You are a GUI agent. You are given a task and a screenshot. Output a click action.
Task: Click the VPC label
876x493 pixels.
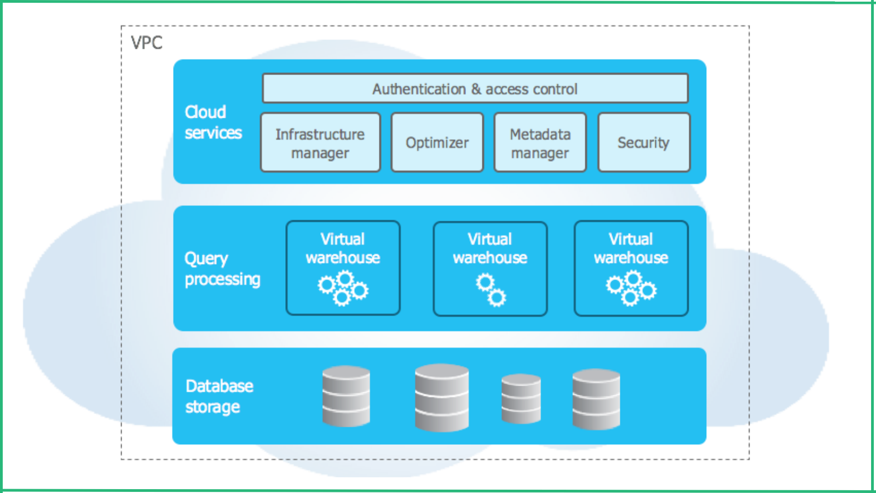[x=147, y=43]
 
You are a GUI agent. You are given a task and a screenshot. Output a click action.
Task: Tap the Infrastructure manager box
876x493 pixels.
[x=320, y=143]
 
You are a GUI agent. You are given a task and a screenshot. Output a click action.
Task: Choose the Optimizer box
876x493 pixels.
[x=437, y=143]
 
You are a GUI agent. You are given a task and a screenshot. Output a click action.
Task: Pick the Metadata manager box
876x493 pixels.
[x=540, y=143]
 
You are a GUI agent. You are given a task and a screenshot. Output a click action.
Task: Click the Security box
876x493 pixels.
[x=643, y=143]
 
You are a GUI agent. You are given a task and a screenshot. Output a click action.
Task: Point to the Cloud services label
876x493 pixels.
[x=213, y=122]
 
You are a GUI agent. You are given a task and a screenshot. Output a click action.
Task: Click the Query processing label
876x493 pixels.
[x=222, y=268]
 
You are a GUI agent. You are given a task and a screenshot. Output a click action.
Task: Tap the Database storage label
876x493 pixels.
[x=219, y=396]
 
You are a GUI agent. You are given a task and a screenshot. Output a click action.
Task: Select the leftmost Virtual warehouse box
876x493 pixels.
[x=343, y=268]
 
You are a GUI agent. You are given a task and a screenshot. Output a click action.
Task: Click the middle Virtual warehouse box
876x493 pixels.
[x=490, y=268]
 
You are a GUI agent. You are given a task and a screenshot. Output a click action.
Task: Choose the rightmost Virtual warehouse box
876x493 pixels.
[x=631, y=268]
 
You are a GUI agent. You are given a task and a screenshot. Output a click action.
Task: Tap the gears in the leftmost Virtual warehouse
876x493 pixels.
[x=343, y=288]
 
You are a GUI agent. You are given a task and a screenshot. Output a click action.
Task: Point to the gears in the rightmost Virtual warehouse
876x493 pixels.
[x=631, y=288]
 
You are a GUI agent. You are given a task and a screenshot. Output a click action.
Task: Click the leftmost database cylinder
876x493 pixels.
[x=346, y=395]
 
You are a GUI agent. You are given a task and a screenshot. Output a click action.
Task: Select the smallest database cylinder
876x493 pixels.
[x=521, y=398]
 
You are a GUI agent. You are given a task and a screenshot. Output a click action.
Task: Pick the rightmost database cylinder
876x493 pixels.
[x=596, y=398]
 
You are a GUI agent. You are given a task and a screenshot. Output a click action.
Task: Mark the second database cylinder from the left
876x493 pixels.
[x=441, y=397]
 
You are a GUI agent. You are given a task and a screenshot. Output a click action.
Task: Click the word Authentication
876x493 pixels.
[x=419, y=89]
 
